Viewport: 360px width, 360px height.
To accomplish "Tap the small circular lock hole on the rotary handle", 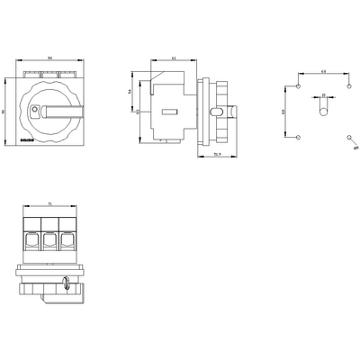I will [34, 111].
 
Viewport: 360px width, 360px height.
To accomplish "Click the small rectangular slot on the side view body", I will [169, 112].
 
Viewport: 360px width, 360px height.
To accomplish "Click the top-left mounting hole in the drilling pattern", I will [297, 87].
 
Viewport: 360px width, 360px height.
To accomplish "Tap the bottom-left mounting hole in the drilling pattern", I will [297, 138].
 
